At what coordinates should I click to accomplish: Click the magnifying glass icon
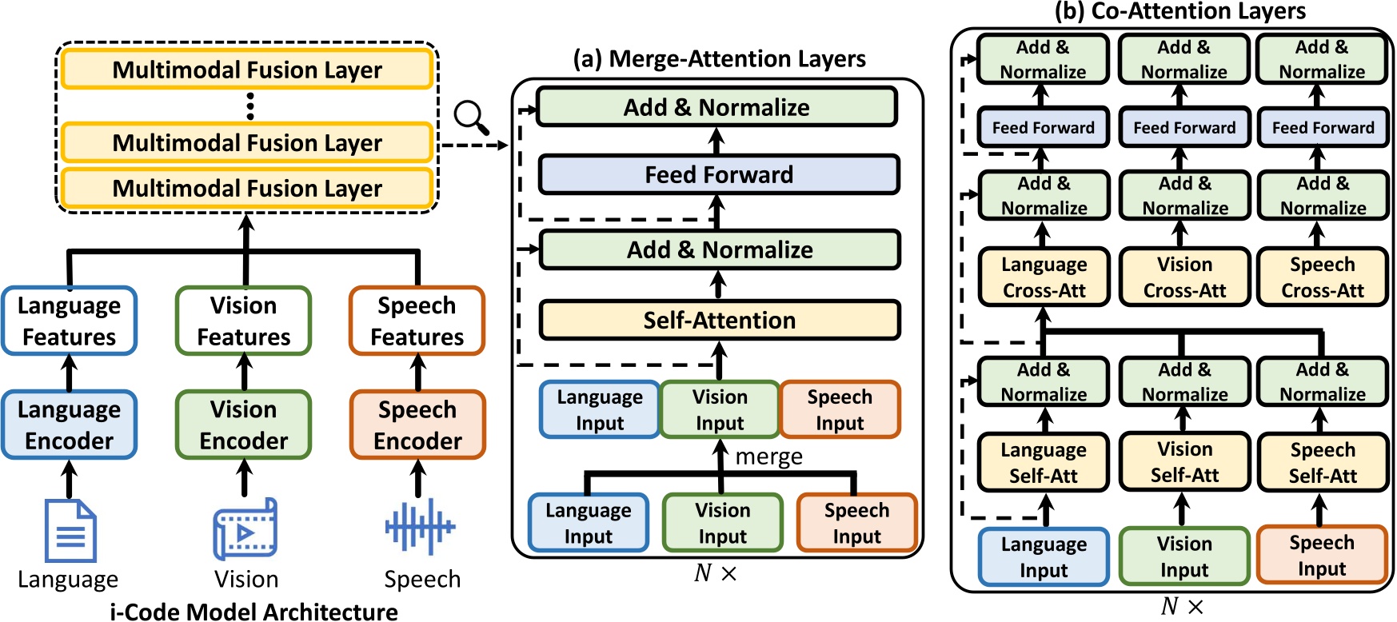click(470, 117)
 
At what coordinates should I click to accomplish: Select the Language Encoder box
click(70, 425)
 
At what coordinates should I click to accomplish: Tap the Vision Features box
click(243, 321)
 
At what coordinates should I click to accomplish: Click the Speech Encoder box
click(417, 425)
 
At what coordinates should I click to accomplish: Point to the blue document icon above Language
click(70, 530)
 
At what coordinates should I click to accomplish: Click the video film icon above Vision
click(245, 529)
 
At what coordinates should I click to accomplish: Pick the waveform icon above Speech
click(419, 526)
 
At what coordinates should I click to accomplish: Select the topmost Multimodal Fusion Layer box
click(247, 70)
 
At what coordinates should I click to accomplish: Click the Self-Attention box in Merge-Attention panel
click(719, 320)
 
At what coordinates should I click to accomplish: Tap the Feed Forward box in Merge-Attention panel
click(719, 174)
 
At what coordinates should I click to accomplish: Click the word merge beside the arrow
click(768, 457)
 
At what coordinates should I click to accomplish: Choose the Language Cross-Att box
click(1044, 277)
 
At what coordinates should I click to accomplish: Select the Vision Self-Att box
click(1183, 462)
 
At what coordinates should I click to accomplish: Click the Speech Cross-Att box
click(1322, 277)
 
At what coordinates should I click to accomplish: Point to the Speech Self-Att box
click(1322, 462)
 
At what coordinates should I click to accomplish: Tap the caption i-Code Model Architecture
click(253, 612)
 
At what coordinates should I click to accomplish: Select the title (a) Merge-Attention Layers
click(719, 58)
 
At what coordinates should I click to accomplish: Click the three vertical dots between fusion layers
click(250, 106)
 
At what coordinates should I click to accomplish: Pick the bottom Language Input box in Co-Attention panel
click(1044, 556)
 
